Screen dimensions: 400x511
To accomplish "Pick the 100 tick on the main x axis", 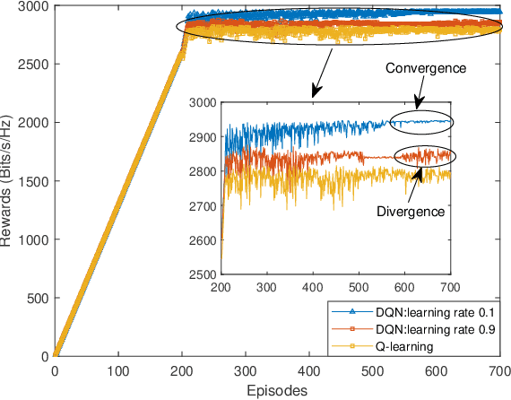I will coord(118,369).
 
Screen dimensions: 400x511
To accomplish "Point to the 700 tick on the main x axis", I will coord(498,369).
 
